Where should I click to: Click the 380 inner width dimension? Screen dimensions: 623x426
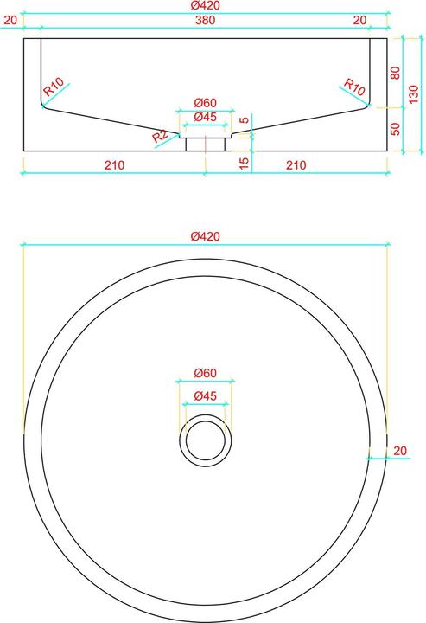pos(205,20)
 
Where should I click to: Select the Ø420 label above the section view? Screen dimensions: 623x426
pos(205,6)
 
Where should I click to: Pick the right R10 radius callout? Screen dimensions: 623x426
pos(355,87)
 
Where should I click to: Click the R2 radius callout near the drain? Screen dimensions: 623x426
pos(161,136)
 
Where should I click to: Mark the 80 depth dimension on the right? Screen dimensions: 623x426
pos(396,74)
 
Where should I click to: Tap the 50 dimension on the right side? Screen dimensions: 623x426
pos(396,129)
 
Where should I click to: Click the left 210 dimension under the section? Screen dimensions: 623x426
pos(114,164)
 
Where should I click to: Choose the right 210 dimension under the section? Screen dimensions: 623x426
pos(296,164)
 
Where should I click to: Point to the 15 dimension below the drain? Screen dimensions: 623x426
pos(244,162)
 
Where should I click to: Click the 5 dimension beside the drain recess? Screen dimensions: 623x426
pos(244,121)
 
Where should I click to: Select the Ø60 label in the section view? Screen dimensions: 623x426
pos(205,104)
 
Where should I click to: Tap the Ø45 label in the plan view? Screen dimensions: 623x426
pos(205,395)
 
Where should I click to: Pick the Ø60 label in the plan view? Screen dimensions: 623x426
pos(205,373)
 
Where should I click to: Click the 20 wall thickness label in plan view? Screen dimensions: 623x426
pos(399,450)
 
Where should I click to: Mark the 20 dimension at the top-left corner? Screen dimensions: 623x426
pos(10,20)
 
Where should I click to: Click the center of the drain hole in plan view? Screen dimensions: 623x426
pos(206,440)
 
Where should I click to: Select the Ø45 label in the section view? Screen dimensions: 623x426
pos(205,117)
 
